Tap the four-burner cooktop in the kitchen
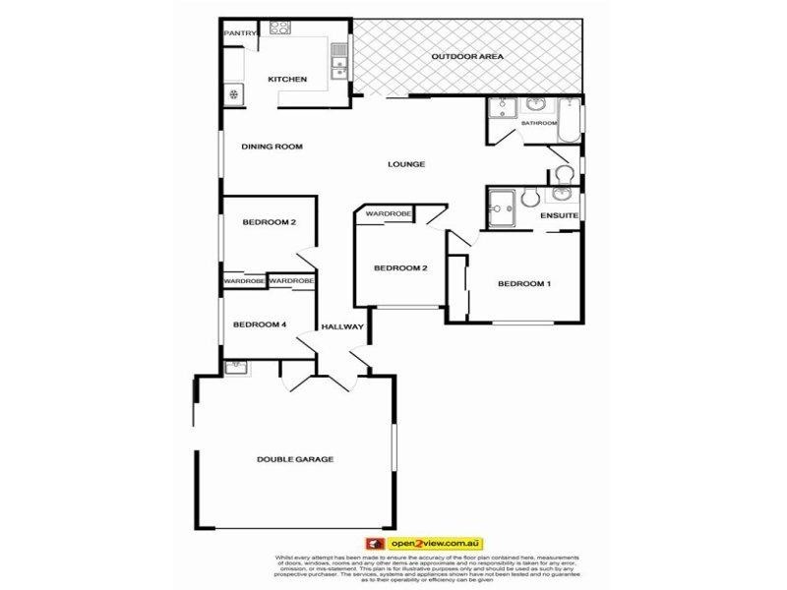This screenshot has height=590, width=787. click(x=278, y=29)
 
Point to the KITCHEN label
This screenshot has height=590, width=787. click(x=288, y=80)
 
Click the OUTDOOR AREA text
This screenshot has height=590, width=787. click(x=468, y=57)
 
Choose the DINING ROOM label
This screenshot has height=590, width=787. click(x=272, y=147)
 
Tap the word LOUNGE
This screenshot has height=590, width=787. click(x=406, y=164)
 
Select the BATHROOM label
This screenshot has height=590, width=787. click(x=539, y=124)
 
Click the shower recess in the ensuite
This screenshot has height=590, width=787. click(x=503, y=207)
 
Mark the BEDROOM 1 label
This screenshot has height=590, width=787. click(x=524, y=284)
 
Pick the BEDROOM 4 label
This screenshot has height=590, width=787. click(x=260, y=325)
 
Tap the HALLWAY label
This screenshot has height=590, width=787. click(x=342, y=327)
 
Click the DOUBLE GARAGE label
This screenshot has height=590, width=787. click(x=295, y=459)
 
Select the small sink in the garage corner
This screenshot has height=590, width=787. click(x=234, y=367)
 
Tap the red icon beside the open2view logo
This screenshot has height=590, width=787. click(x=374, y=542)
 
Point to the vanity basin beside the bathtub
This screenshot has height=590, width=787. click(x=537, y=105)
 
